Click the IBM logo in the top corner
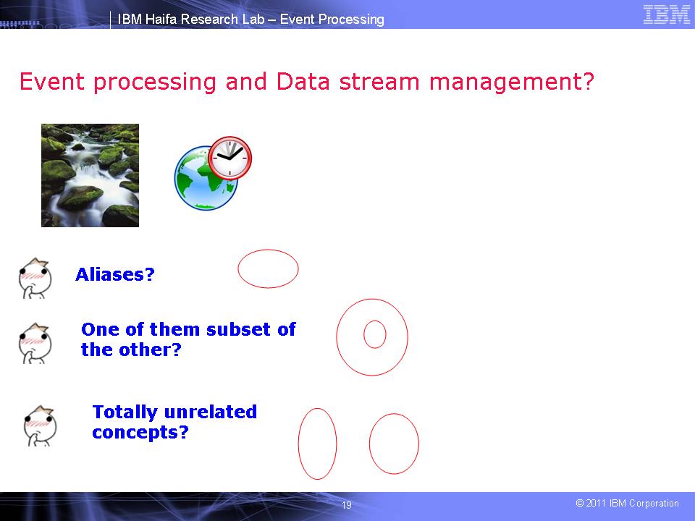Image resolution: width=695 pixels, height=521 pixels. point(666,15)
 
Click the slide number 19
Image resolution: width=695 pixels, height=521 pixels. point(346,505)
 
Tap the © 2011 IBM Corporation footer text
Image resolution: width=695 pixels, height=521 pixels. point(627,504)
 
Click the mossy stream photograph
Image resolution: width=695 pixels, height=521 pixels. point(90,175)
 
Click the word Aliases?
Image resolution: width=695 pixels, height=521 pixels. point(115,275)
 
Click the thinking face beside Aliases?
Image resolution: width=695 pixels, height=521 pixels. point(34,277)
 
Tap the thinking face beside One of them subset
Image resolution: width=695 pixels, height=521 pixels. point(34,342)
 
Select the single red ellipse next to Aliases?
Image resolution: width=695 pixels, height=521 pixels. point(268,268)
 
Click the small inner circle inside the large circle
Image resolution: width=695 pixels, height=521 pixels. point(375,334)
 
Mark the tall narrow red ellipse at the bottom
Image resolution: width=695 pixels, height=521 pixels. point(318,444)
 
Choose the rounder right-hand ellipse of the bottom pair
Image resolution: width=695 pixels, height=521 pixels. point(394,444)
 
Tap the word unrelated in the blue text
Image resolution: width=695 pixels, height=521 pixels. point(210,412)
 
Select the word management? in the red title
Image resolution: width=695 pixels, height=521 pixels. point(512,82)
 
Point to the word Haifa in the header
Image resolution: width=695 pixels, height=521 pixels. point(161,20)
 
